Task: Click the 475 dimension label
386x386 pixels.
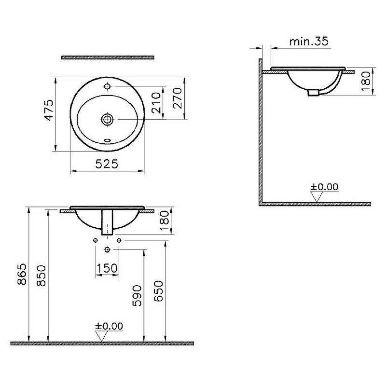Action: [50, 110]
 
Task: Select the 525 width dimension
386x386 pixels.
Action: [107, 164]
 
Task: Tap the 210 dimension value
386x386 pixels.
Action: [156, 103]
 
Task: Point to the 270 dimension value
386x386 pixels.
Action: [178, 98]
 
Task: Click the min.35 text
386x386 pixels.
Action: [309, 41]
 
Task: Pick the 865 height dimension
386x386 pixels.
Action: [22, 274]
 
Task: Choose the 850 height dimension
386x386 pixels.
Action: [41, 276]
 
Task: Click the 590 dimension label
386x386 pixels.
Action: [137, 295]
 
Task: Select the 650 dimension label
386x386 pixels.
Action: [159, 291]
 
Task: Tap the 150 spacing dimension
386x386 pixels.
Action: [107, 268]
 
